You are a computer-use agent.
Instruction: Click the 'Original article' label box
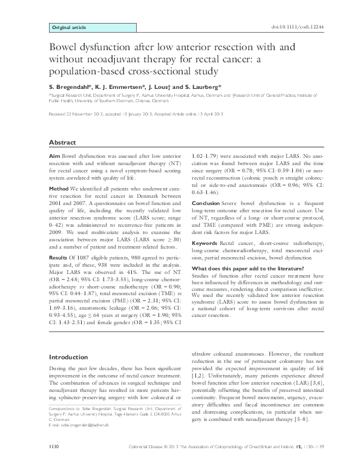(70, 28)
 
